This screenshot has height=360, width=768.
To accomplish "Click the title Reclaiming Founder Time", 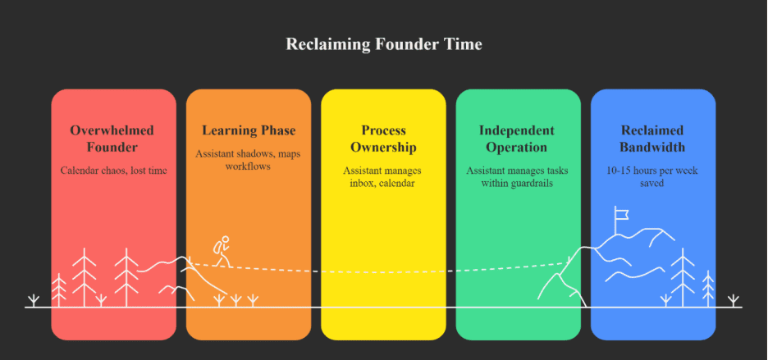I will point(383,44).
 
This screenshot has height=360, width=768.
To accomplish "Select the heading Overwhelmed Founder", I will point(112,139).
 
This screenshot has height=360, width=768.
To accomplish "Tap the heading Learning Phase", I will point(249,130).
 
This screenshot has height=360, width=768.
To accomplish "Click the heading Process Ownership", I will point(383,139).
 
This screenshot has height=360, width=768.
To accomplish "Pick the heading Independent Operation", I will point(516,139).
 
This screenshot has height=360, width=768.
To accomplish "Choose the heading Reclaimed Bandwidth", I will point(652,139).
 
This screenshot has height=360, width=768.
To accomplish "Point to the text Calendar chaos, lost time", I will point(112,171).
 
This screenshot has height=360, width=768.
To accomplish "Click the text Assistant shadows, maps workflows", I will point(249,160).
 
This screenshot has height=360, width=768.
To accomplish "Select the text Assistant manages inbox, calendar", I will point(383,177).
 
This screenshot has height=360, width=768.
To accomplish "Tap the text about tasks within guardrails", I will point(516,177).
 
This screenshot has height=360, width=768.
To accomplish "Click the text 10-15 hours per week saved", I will point(652,177).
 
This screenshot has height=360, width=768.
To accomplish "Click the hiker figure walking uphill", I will point(222,250).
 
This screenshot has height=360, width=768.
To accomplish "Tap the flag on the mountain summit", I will point(621,215).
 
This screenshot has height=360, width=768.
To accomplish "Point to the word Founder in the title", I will point(395,44).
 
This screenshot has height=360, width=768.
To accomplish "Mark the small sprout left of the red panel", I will point(33,299).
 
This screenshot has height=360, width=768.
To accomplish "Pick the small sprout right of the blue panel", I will point(734,299).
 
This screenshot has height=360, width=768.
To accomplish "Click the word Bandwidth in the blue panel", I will point(652,148).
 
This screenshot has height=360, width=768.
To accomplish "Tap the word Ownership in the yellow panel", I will point(383,148).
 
